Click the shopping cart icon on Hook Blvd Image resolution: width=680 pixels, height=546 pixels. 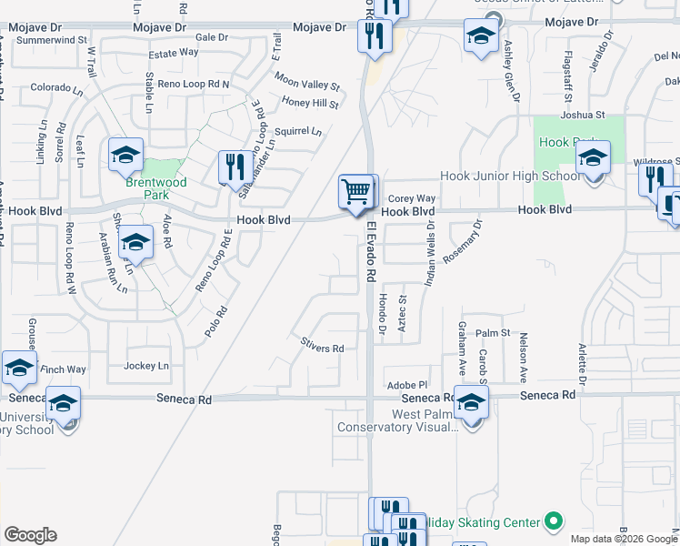(x=356, y=191)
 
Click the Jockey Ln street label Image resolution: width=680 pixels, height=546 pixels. (x=146, y=366)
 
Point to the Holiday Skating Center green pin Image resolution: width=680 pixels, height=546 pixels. (x=553, y=521)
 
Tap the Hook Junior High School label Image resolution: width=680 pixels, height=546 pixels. (x=508, y=176)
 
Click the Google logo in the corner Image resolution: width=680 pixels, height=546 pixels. (x=30, y=534)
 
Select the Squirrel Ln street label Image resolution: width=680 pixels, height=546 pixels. (x=298, y=131)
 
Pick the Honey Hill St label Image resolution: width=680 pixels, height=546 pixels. (x=310, y=104)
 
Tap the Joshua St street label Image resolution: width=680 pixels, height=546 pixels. (x=583, y=115)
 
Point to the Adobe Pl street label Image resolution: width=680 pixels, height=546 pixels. (x=406, y=384)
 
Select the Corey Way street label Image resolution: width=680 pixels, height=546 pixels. (x=412, y=198)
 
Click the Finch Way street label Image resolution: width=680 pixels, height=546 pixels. (x=64, y=369)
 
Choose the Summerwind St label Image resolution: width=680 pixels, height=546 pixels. (x=51, y=41)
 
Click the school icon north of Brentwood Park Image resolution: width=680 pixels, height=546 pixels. (x=126, y=155)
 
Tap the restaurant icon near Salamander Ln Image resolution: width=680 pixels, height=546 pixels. (x=235, y=167)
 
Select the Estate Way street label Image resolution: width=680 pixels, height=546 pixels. (x=174, y=53)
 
